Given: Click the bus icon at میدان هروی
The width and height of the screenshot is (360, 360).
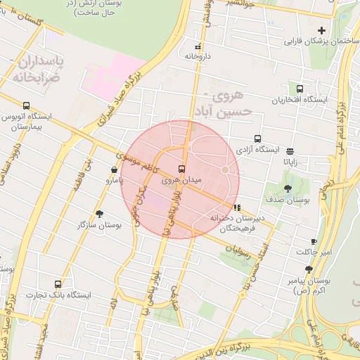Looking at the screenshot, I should tap(182, 169).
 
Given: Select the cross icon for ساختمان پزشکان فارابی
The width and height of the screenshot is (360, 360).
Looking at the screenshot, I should tap(322, 30).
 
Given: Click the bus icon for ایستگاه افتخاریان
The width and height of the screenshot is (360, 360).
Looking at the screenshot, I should tap(300, 89).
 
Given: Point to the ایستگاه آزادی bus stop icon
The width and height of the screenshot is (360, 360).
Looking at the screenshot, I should tap(258, 139).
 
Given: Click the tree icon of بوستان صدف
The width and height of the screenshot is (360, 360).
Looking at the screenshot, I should tap(288, 188).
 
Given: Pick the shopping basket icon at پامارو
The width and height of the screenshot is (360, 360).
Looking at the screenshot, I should tap(115, 169).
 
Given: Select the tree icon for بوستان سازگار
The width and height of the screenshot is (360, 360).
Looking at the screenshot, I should tap(99, 214).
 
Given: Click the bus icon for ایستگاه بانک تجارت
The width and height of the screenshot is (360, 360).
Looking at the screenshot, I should tap(58, 284).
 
